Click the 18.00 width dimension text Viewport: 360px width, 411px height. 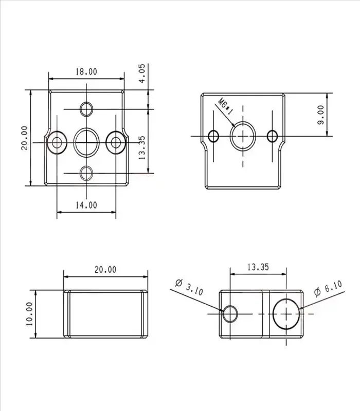coord(86,71)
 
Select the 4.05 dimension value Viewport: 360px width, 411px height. coord(141,73)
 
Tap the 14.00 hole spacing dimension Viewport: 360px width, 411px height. coord(86,205)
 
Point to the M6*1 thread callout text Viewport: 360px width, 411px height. coord(225,106)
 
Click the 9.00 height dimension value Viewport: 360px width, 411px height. coord(320,115)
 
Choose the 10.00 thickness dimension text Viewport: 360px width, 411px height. coord(29,314)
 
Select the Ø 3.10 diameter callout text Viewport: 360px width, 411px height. coord(189,287)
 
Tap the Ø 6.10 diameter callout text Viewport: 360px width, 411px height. coord(328,288)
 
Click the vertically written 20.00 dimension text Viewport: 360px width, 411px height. coord(24,138)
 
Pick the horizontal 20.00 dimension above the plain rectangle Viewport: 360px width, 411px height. coord(105,269)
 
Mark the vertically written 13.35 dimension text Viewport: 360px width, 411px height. coord(141,147)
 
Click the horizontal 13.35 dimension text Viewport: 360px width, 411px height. coord(258,267)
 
